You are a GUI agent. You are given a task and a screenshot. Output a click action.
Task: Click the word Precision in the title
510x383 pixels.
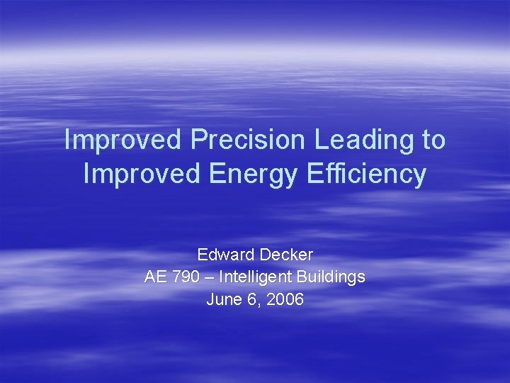[x=250, y=140]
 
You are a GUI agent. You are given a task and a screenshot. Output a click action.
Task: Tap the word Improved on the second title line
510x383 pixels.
[x=142, y=174]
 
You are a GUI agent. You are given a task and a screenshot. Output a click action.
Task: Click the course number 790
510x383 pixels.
[x=182, y=277]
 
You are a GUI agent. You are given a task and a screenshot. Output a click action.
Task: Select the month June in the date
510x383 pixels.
[x=222, y=299]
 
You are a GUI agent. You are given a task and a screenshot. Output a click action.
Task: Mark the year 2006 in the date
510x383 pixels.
[x=286, y=299]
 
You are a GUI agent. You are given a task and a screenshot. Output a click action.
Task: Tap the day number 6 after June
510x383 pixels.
[x=251, y=299]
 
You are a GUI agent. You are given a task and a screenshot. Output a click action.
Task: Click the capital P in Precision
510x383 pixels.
[x=197, y=140]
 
